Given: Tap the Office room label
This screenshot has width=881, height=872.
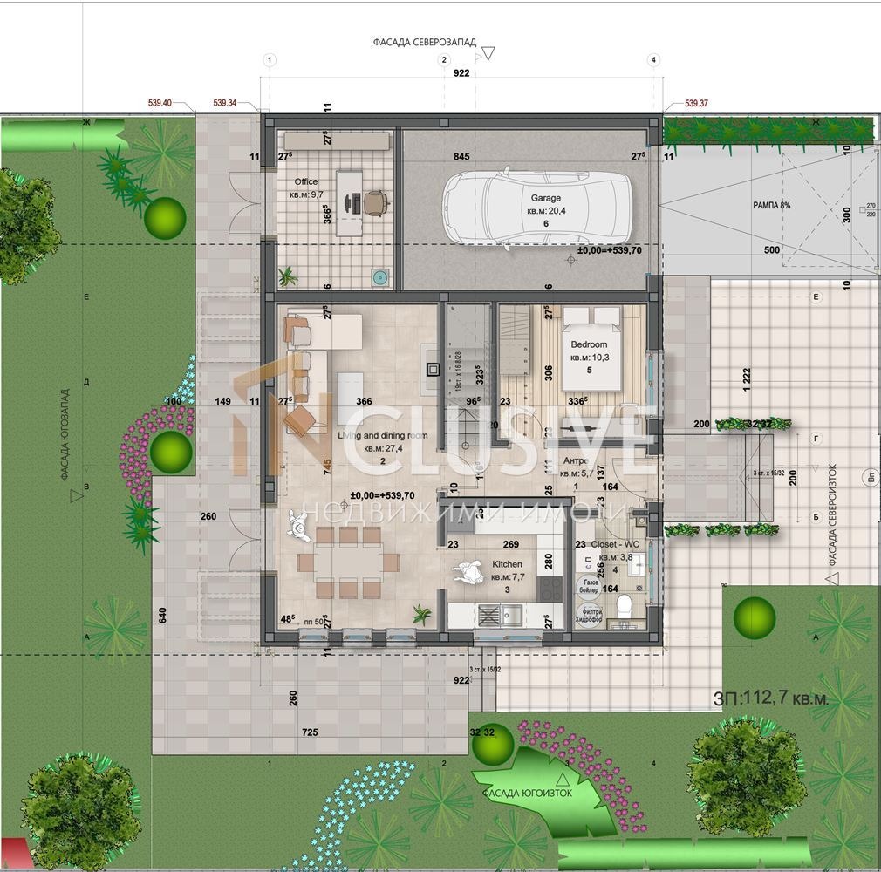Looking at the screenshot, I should [305, 182].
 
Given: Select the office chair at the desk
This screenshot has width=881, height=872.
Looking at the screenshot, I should [375, 202].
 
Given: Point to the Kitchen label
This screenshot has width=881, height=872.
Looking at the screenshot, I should [507, 564].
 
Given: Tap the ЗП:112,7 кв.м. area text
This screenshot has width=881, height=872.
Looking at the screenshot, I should [770, 698].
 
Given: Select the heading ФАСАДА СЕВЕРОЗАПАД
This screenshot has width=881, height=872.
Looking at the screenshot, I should [423, 41].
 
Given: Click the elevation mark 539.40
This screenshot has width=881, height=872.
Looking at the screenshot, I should [160, 103].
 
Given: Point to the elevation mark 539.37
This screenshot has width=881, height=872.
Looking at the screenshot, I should [696, 103].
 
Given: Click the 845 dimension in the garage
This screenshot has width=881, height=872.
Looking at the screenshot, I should [461, 157].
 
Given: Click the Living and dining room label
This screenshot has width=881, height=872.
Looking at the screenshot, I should [382, 435].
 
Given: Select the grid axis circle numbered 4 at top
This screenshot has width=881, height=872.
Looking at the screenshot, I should [653, 59].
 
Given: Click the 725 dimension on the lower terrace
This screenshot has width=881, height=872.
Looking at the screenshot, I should [309, 732].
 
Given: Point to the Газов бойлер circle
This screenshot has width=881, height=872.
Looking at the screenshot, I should [587, 585].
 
